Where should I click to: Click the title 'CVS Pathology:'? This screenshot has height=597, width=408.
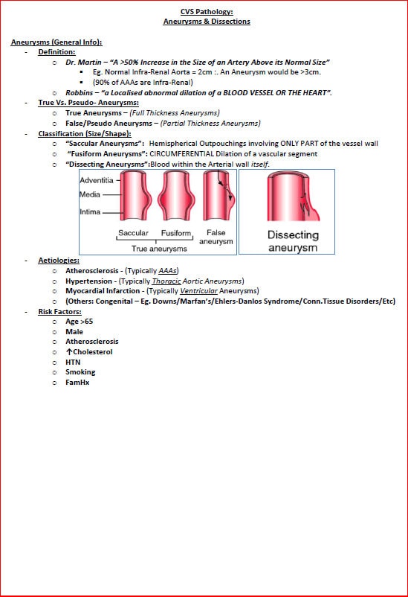pyautogui.click(x=207, y=12)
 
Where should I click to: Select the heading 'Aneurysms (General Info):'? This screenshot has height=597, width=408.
pyautogui.click(x=56, y=42)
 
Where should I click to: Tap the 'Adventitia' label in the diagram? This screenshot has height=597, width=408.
pyautogui.click(x=97, y=179)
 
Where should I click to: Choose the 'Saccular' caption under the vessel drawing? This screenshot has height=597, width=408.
pyautogui.click(x=134, y=233)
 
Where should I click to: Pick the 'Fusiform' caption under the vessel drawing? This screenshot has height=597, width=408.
pyautogui.click(x=176, y=233)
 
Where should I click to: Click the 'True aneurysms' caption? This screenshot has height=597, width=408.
pyautogui.click(x=159, y=249)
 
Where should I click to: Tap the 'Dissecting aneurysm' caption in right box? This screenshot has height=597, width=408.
pyautogui.click(x=292, y=241)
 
